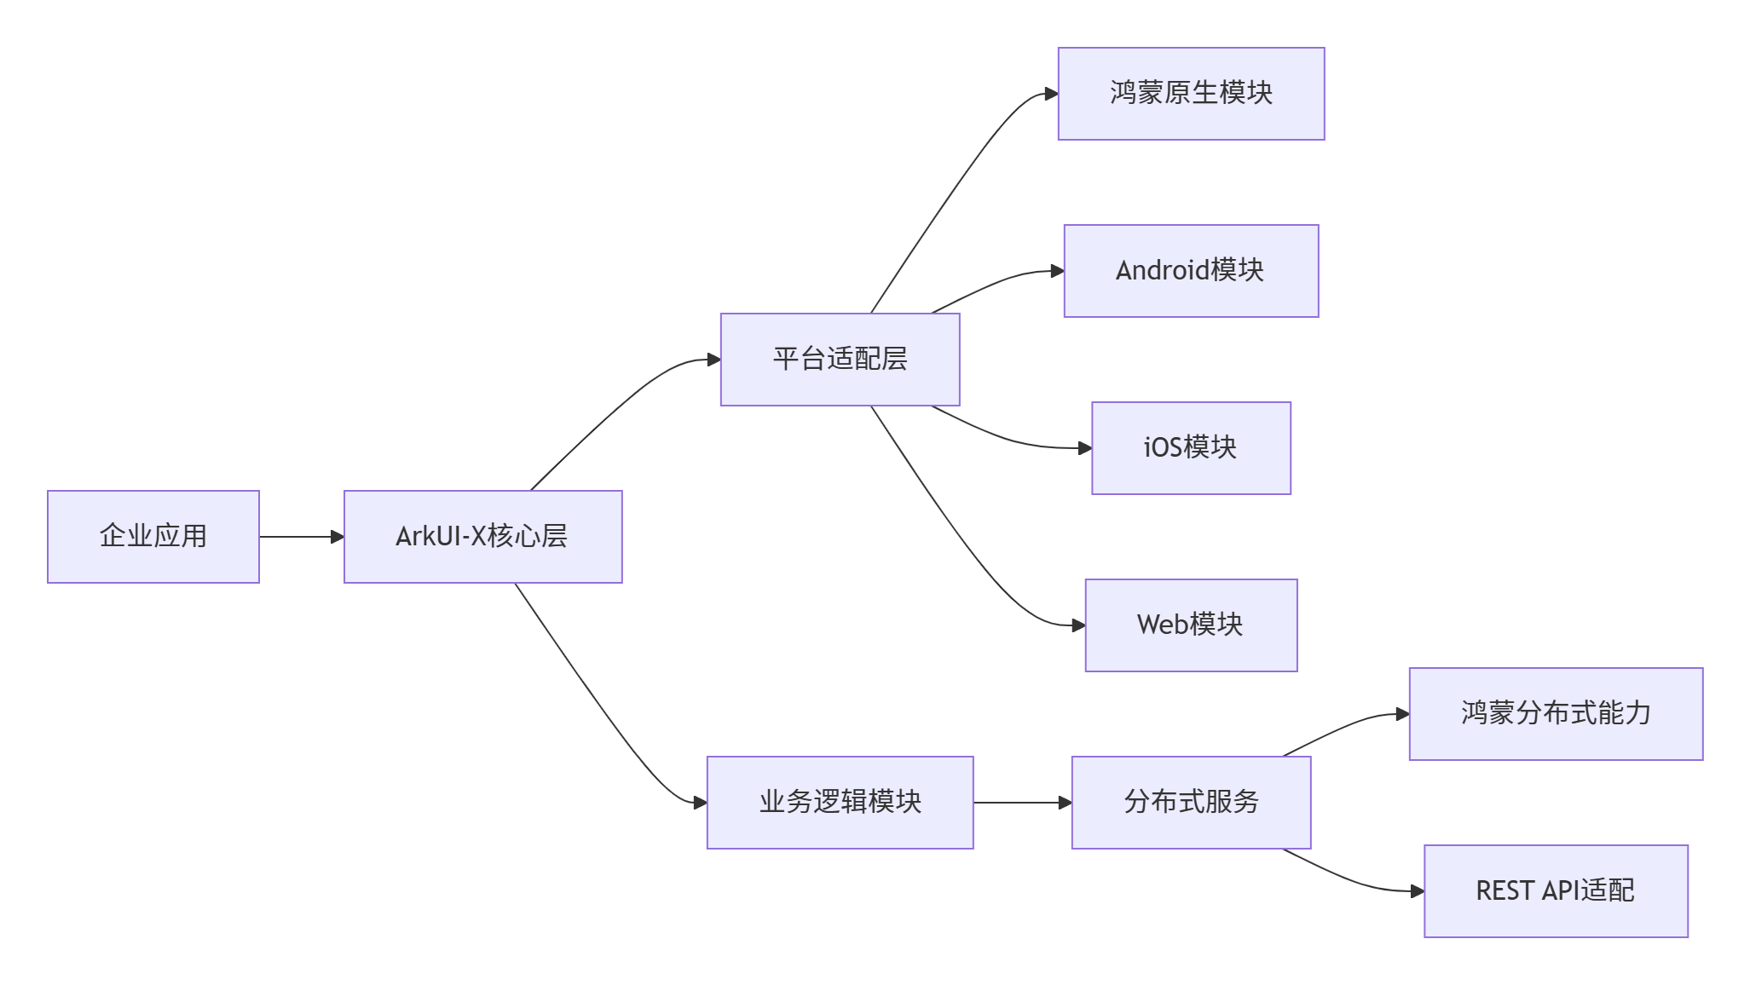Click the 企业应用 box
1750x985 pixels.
153,537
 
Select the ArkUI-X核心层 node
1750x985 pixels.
482,537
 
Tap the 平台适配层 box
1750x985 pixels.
840,360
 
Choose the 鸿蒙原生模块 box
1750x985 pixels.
1191,94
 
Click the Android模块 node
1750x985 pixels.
1191,271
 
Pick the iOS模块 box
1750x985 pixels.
1191,448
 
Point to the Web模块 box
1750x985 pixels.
1191,625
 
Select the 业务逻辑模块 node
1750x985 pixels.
840,803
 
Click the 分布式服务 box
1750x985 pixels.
1191,803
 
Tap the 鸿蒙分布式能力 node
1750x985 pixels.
1556,714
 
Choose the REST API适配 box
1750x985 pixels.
1556,891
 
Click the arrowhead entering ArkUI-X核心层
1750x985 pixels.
337,537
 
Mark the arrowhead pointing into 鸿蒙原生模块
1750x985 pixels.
1051,94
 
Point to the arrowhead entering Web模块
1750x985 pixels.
1078,625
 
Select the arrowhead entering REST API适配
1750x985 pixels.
1417,891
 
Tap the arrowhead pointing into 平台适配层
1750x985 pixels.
713,360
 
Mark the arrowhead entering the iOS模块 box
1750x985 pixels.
1085,448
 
